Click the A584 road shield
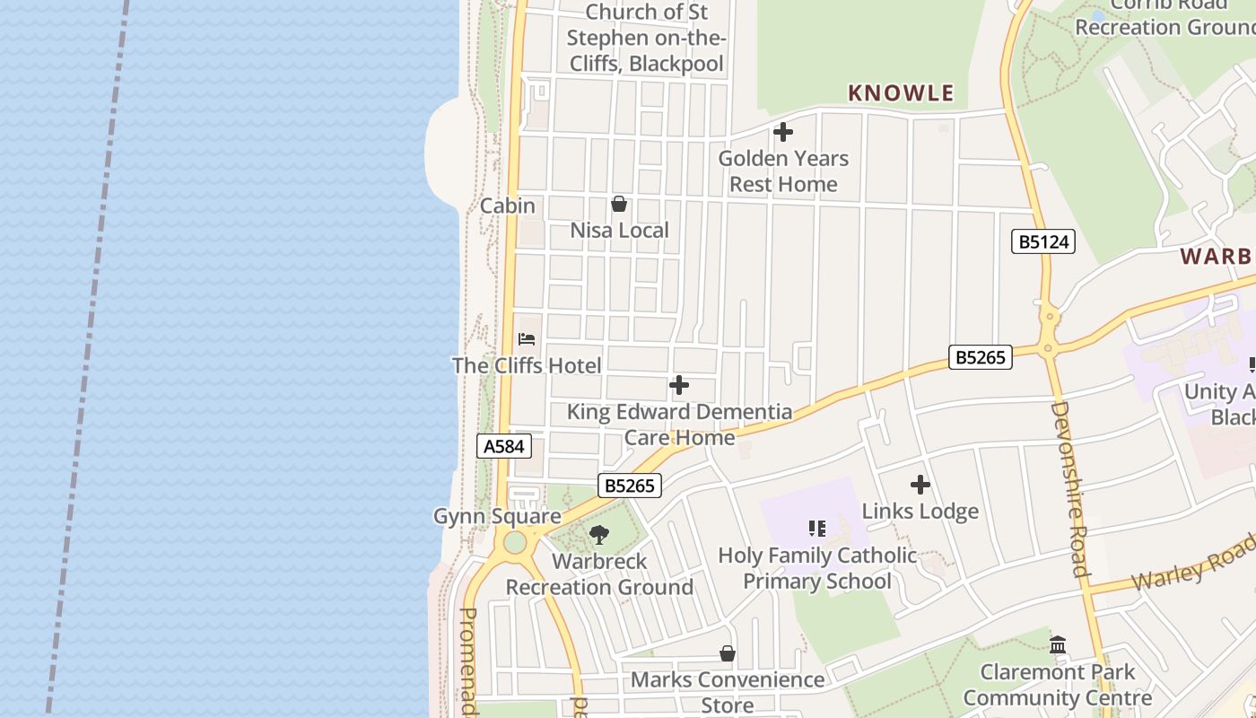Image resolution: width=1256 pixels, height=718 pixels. click(x=504, y=446)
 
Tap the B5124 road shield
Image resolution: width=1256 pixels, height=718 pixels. click(x=1042, y=241)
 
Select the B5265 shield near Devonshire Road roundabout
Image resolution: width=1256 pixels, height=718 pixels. click(x=981, y=357)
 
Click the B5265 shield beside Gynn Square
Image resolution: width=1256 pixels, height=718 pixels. click(x=630, y=486)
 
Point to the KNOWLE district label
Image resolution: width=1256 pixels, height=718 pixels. click(x=901, y=92)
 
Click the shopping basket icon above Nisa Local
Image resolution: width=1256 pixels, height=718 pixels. click(x=619, y=204)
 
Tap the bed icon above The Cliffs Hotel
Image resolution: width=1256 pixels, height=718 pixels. click(x=527, y=339)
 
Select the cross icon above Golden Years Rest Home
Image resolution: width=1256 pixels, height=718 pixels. click(x=783, y=132)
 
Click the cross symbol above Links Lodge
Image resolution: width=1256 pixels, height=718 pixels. click(x=920, y=485)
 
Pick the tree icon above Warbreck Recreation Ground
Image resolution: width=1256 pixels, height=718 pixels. click(x=599, y=535)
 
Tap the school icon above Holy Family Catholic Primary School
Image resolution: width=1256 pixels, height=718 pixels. click(x=816, y=528)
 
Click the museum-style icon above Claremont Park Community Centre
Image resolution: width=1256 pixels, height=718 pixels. click(x=1058, y=644)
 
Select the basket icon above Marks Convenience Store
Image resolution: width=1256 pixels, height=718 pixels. click(x=728, y=653)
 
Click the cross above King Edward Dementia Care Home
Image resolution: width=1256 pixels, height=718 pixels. click(x=679, y=385)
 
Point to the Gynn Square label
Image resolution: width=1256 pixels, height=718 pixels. click(x=497, y=516)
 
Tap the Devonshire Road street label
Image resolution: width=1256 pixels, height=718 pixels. click(x=1069, y=489)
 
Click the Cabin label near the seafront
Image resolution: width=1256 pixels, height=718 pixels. click(x=508, y=206)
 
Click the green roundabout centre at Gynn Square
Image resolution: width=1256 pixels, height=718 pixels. click(x=514, y=542)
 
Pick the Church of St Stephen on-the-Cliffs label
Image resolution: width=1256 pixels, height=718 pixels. click(x=647, y=38)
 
